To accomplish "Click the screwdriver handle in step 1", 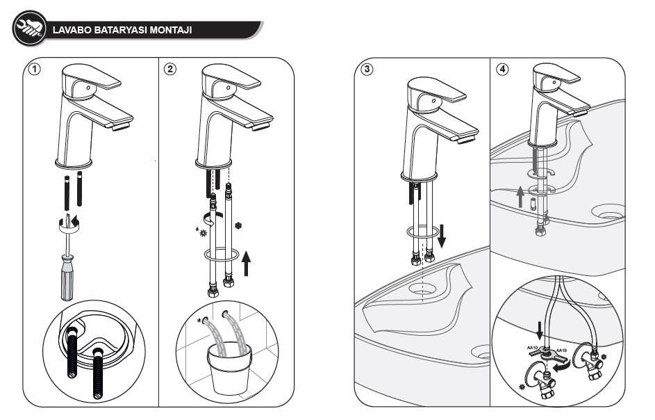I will point(67,277).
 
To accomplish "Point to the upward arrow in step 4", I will point(519,197).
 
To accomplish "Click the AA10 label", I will point(534,347).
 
